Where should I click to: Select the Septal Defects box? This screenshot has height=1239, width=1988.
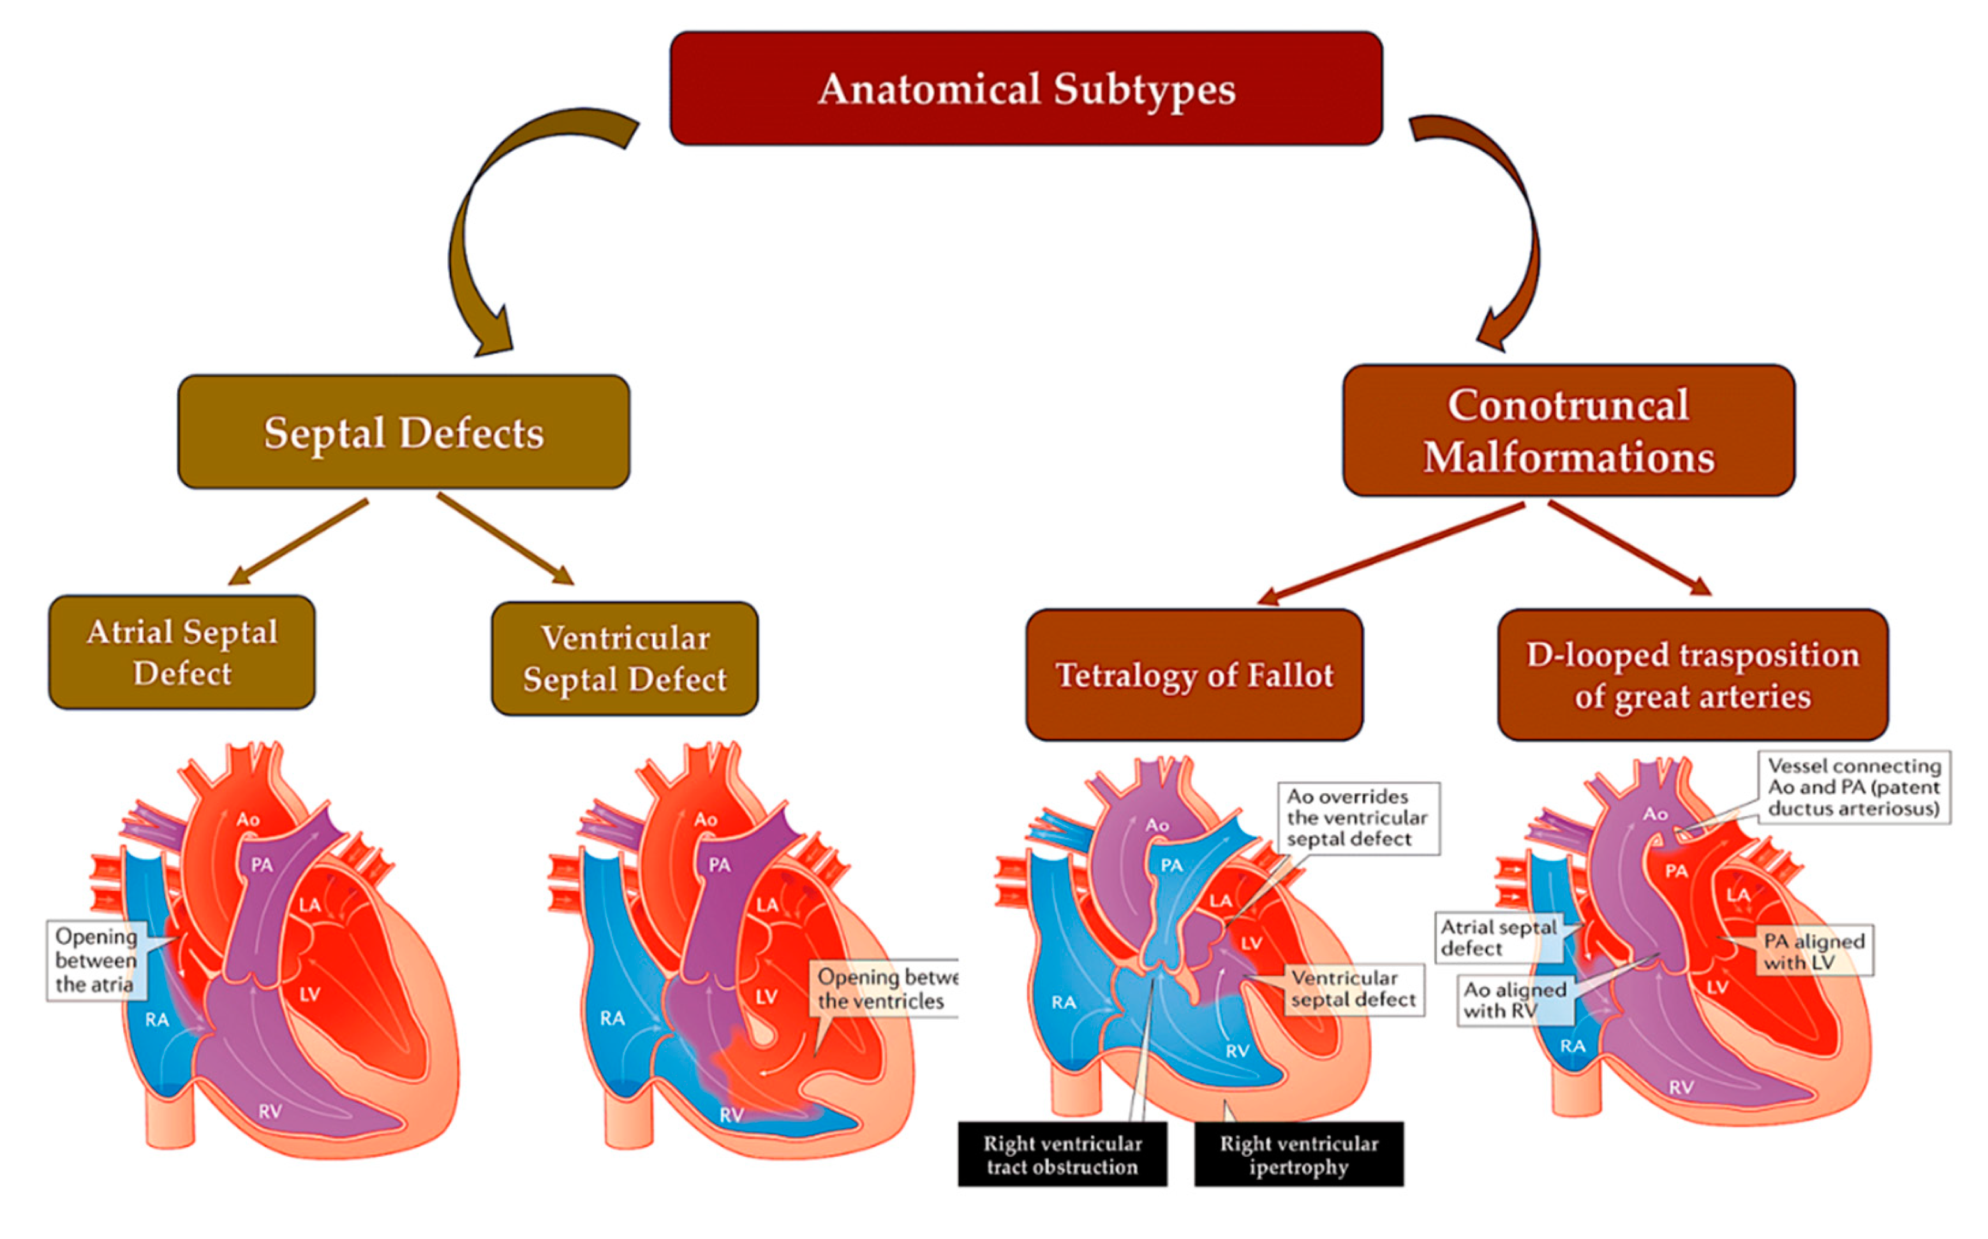coord(403,432)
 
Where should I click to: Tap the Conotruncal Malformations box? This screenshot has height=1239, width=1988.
coord(1568,430)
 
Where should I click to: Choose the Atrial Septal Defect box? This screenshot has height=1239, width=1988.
coord(182,652)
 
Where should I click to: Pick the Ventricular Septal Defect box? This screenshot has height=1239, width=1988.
coord(625,659)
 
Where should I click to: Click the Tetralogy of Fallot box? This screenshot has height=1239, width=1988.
coord(1194,675)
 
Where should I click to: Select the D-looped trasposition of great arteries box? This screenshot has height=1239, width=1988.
coord(1693,675)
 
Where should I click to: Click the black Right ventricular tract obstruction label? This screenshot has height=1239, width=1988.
coord(1062,1155)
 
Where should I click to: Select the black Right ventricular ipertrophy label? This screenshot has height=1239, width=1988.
coord(1298,1155)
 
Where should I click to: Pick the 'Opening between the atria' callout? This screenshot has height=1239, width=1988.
coord(96,960)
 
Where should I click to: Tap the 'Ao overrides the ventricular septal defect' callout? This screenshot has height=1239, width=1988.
coord(1358,817)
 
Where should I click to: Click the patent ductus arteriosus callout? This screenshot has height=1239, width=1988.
coord(1855,788)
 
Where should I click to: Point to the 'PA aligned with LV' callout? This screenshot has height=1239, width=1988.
coord(1814,951)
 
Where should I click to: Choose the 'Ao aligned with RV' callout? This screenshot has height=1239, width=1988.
coord(1515,1000)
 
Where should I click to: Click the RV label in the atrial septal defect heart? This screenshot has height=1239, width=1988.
coord(270,1112)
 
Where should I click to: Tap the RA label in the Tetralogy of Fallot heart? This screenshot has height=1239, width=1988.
coord(1064,1002)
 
